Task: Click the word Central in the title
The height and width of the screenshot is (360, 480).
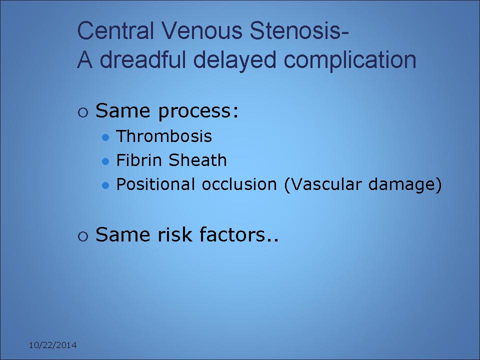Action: (115, 30)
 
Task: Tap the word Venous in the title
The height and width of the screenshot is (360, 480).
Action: (201, 30)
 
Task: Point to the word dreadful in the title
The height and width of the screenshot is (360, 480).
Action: (142, 59)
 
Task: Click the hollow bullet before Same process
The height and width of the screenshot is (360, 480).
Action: (83, 112)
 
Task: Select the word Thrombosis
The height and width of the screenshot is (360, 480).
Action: (164, 136)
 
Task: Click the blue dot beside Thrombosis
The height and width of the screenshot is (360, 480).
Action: (105, 137)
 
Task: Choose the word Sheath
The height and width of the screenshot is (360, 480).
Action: (198, 160)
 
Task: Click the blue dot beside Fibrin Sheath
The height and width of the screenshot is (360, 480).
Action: (105, 161)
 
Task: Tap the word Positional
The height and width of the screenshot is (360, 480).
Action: (155, 184)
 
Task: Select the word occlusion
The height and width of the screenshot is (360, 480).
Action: (239, 184)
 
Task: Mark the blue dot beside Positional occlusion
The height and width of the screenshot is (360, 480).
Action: (105, 185)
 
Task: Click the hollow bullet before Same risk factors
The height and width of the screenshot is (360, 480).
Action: (83, 236)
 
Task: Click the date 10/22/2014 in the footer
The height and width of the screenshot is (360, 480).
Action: (52, 345)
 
